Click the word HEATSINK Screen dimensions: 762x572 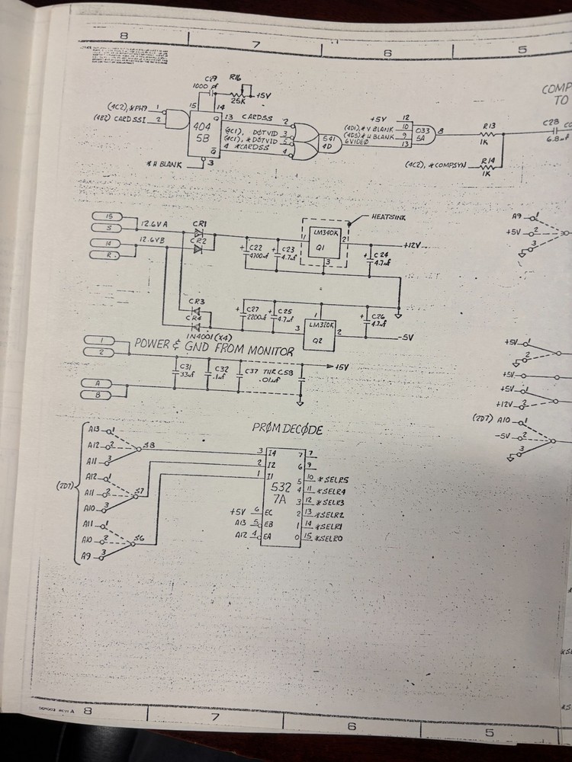[x=390, y=217]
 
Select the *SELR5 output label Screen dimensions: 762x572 [x=335, y=480]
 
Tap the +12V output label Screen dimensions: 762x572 [x=413, y=245]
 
